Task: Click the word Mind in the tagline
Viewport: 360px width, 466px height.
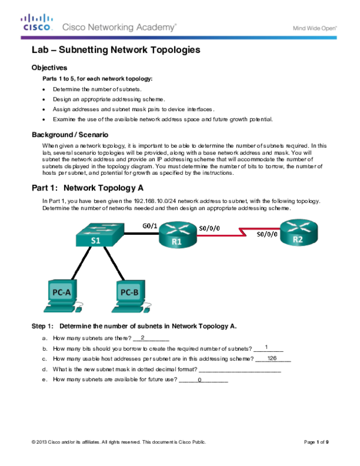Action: [x=299, y=28]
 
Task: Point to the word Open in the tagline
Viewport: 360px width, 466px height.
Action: [x=328, y=28]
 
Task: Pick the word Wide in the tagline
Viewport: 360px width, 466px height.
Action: [x=313, y=28]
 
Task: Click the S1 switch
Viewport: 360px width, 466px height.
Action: [x=98, y=235]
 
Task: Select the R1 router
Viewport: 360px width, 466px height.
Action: [x=176, y=235]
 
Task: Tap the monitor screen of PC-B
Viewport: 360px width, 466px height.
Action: [x=130, y=292]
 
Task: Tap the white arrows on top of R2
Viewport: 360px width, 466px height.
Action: [x=298, y=226]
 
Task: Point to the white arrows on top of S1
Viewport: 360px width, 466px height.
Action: [x=100, y=229]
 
